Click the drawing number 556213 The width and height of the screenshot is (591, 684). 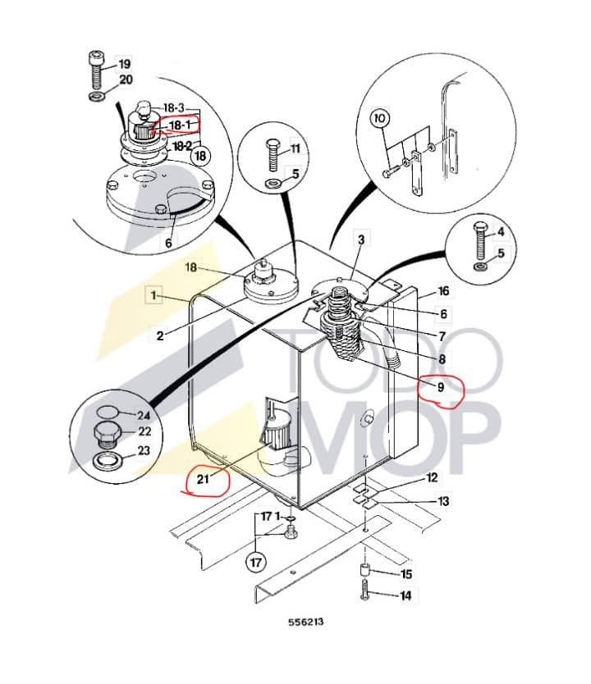click(x=305, y=622)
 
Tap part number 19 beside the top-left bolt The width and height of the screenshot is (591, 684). click(x=125, y=63)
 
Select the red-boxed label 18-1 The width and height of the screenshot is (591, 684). click(x=179, y=125)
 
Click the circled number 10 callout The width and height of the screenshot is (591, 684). click(x=379, y=119)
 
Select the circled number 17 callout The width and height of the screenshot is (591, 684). click(x=255, y=563)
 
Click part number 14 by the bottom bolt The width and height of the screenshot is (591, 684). click(x=405, y=596)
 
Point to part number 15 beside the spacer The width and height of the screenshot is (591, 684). click(x=405, y=575)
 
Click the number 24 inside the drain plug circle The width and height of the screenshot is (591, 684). click(x=143, y=415)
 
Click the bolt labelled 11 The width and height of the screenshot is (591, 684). click(x=272, y=155)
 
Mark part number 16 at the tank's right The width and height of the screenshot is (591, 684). click(x=443, y=291)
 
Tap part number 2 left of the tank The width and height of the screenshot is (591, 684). click(x=160, y=335)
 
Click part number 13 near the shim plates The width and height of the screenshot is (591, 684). click(x=443, y=500)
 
